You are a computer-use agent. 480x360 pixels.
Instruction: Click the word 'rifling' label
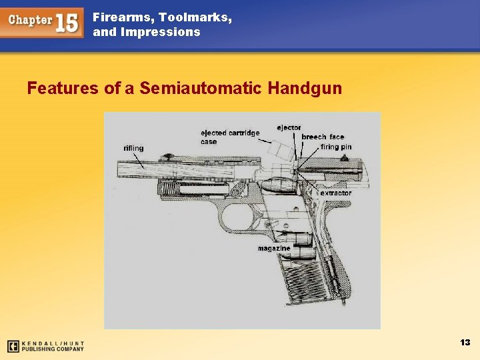click(x=133, y=148)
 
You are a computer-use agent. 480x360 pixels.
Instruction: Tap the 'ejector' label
click(x=289, y=127)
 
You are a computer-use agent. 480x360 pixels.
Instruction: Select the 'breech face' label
click(x=323, y=137)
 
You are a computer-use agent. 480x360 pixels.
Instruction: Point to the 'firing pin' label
click(x=336, y=147)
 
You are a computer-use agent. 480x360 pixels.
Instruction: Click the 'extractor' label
click(x=335, y=193)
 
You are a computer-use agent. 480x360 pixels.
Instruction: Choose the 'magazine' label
click(x=274, y=249)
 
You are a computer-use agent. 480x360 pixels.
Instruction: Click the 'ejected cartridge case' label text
click(x=230, y=137)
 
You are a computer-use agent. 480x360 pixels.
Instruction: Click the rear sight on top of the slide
click(x=345, y=157)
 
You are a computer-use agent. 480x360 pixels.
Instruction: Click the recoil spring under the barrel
click(x=200, y=188)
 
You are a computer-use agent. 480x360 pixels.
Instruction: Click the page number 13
click(x=465, y=342)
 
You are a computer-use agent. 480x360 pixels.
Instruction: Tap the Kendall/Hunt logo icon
click(x=12, y=346)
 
